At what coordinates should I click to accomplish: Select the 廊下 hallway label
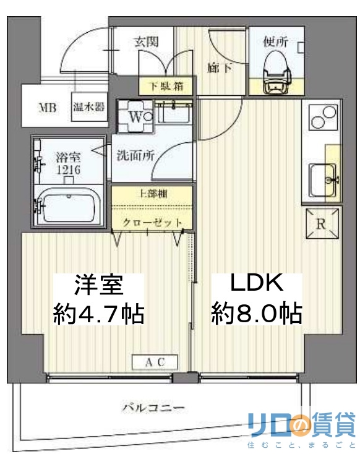pos(220,67)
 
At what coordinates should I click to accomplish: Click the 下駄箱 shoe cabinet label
pos(160,86)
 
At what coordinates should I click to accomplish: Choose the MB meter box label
pos(48,108)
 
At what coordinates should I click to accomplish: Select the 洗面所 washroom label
pos(135,156)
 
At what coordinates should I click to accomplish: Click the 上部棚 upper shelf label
pos(152,192)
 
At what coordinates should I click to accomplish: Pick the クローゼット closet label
pos(152,222)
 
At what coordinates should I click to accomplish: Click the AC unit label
pos(155,362)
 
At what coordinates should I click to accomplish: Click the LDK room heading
pos(256,283)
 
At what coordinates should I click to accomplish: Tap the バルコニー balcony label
pos(153,408)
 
